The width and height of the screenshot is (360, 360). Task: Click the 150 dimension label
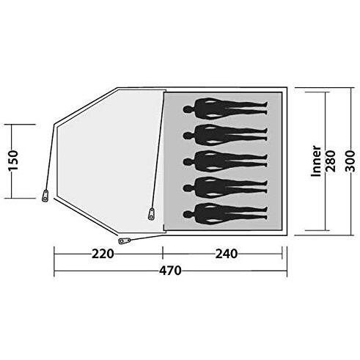(x=14, y=161)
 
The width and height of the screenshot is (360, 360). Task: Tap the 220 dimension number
(x=103, y=254)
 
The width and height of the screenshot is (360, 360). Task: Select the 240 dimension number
(x=227, y=254)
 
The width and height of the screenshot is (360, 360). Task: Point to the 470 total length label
(x=170, y=271)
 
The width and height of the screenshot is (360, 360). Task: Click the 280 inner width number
(x=331, y=161)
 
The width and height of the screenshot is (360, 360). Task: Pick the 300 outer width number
(x=350, y=161)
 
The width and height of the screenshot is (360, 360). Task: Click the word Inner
(x=316, y=161)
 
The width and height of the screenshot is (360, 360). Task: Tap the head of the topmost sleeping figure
(x=188, y=109)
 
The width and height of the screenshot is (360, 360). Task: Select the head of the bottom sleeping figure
(x=188, y=214)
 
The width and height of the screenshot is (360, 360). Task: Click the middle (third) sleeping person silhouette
(x=225, y=161)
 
